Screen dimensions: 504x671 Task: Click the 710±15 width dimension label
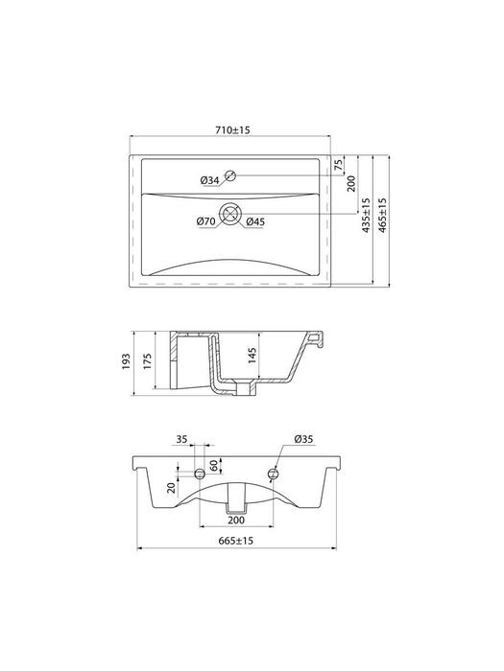[232, 129]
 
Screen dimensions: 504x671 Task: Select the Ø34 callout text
[209, 181]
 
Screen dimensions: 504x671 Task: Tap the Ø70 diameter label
[205, 221]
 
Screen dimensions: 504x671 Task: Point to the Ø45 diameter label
[255, 221]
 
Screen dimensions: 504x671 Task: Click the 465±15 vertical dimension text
[382, 215]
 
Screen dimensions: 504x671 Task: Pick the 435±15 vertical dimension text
[367, 215]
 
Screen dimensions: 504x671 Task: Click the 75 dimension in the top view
[339, 165]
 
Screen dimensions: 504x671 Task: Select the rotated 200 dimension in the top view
[351, 183]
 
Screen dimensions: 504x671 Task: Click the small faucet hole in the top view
[230, 175]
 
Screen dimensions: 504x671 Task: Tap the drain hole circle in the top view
[230, 213]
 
